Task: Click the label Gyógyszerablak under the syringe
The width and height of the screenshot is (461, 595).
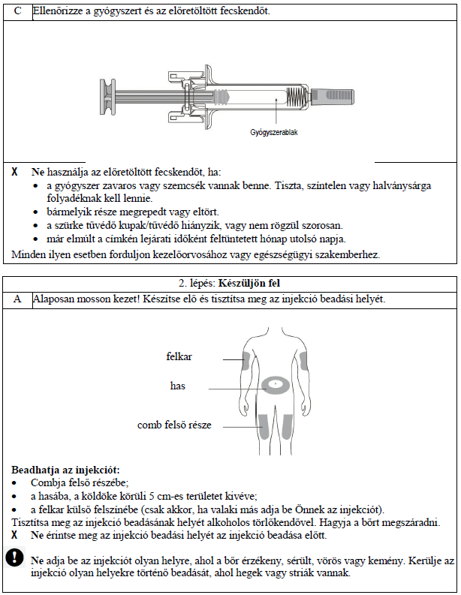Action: click(x=274, y=132)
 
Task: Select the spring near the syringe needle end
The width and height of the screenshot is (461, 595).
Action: click(x=298, y=96)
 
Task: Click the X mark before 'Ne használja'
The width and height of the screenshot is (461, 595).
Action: click(x=15, y=172)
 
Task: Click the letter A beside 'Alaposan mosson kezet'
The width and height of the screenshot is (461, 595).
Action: click(x=17, y=299)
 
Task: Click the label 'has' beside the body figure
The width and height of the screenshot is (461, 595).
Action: click(x=178, y=386)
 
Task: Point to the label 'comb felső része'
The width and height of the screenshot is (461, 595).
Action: click(x=174, y=425)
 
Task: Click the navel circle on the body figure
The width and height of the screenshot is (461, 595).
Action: click(x=276, y=386)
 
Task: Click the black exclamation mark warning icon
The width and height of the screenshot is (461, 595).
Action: click(x=15, y=557)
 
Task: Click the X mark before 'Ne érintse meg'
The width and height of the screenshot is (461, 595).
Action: click(x=15, y=536)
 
